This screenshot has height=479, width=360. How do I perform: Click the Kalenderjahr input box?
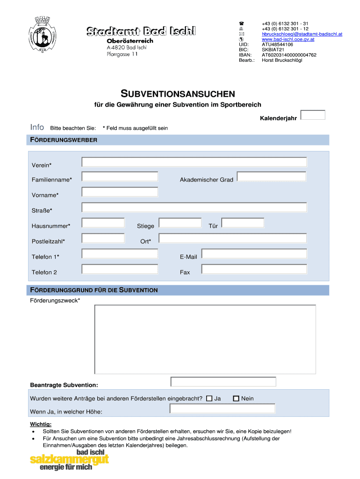pos(313,115)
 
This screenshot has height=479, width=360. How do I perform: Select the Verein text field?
pos(194,162)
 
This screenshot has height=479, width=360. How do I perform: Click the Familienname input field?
pos(120,177)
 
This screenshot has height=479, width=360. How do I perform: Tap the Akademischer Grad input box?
pos(271,176)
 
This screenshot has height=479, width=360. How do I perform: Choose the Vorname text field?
pos(120,192)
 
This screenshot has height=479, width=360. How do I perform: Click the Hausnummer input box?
pos(103,223)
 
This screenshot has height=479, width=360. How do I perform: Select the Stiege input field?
pos(180,223)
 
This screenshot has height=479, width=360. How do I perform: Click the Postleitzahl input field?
pos(103,238)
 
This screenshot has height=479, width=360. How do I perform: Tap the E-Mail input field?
pos(254,254)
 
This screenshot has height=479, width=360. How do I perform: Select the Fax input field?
pos(254,269)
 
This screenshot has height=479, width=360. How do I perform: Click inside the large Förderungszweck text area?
pos(205,339)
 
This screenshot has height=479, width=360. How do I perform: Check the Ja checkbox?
pos(209,399)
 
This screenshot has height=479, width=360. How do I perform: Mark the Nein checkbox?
pos(236,399)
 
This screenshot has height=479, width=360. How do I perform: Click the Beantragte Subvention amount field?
pos(223,382)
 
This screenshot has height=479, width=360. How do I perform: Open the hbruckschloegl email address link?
pos(302,34)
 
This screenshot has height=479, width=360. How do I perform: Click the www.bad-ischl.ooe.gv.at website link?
pos(288,39)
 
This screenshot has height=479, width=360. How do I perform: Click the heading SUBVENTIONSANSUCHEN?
pos(178,94)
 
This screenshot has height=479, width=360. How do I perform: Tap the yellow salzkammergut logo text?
pos(69,461)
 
